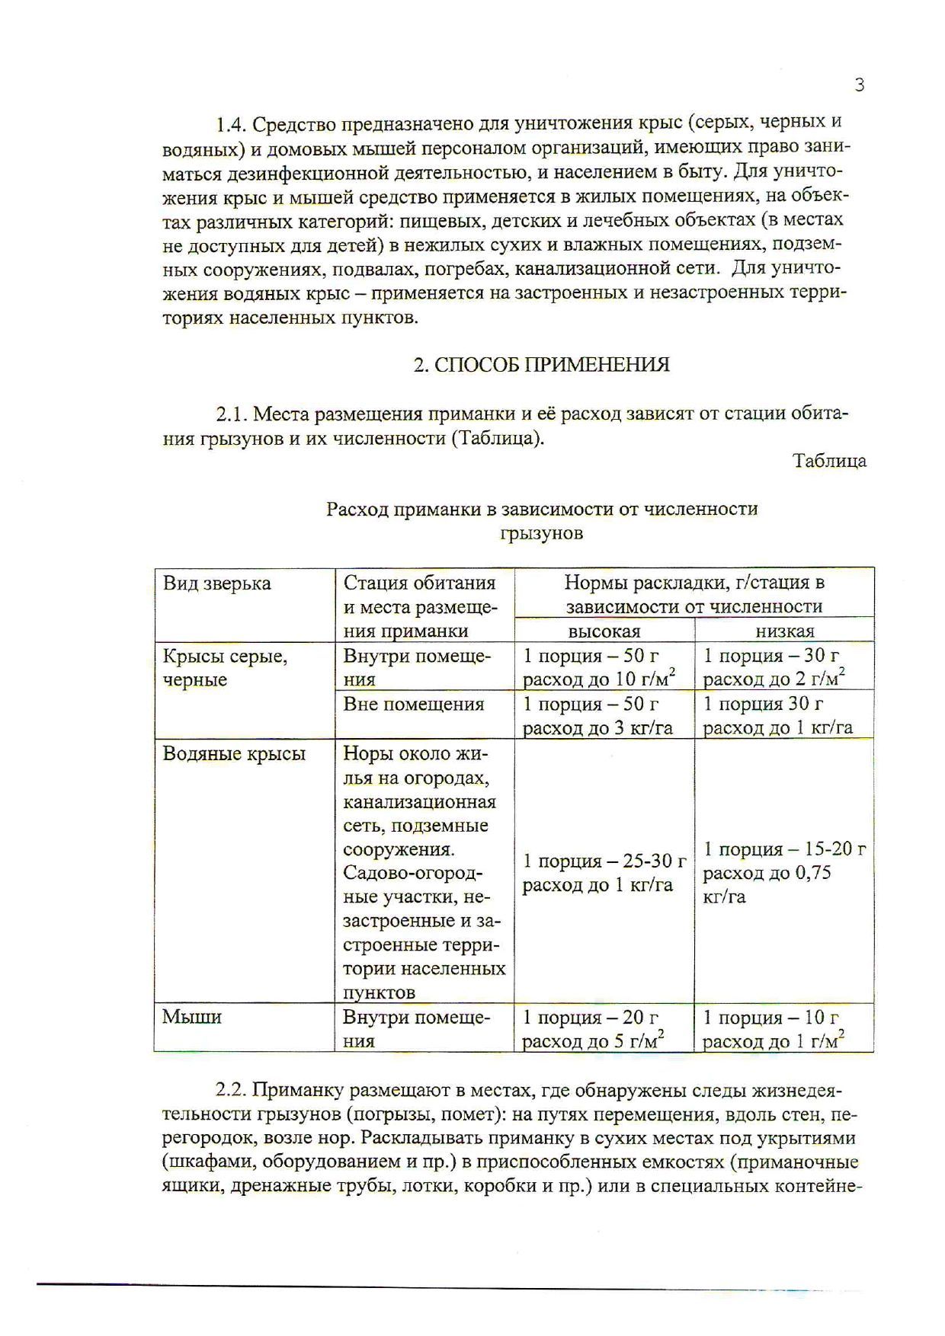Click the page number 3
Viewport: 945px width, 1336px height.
click(x=859, y=85)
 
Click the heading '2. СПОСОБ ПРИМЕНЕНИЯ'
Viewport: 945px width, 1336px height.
click(x=541, y=365)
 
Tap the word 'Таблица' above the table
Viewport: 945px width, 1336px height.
click(x=829, y=461)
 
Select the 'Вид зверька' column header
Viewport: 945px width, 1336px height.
click(x=217, y=583)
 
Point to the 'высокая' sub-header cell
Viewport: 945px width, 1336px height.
click(x=604, y=631)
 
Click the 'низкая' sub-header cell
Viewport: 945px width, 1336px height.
click(x=785, y=631)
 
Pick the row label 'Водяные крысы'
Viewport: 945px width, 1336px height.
click(x=234, y=754)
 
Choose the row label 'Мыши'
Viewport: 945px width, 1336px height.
click(x=192, y=1017)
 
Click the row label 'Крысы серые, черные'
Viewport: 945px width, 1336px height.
click(x=226, y=667)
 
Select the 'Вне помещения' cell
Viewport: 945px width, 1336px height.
click(x=414, y=704)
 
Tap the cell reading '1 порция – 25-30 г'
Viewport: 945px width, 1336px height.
click(x=604, y=861)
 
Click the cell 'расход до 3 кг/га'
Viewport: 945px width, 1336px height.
click(x=598, y=728)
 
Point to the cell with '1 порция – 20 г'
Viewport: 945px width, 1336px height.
click(x=591, y=1018)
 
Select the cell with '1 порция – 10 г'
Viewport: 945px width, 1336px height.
click(x=771, y=1018)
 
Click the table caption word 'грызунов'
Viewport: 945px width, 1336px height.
click(x=541, y=533)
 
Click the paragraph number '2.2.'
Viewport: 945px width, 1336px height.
click(x=231, y=1090)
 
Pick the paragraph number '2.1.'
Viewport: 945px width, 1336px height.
click(x=231, y=414)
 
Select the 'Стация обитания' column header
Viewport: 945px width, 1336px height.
click(x=420, y=583)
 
